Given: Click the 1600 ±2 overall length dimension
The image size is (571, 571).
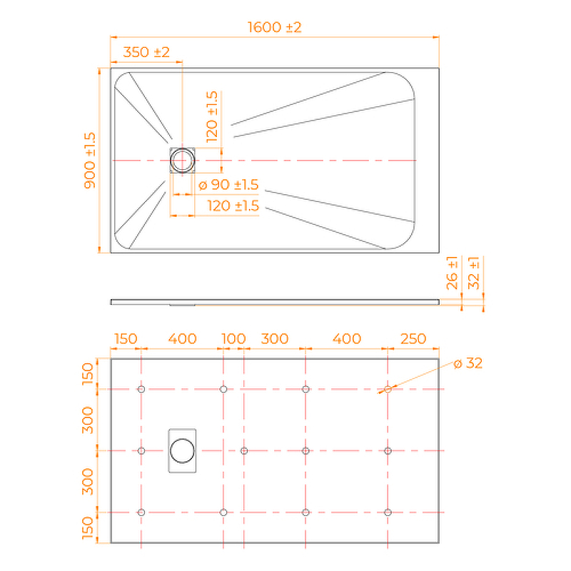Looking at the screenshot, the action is (275, 27).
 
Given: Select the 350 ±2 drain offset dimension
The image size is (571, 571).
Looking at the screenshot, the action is (146, 52).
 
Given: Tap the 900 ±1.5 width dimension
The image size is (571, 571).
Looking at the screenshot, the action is (90, 161).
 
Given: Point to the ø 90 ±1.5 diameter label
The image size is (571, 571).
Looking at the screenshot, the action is (228, 185).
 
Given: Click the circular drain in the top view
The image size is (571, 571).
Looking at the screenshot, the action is (183, 160).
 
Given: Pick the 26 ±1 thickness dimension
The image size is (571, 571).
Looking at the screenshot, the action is (452, 273).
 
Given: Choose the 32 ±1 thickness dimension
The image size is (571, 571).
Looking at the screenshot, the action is (474, 273).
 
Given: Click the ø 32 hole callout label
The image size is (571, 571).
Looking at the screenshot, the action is (468, 363).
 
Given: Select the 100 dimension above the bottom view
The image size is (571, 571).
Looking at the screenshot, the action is (234, 338).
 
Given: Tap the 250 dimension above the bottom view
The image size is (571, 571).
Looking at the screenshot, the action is (413, 338).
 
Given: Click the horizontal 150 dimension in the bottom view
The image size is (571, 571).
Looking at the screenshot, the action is (126, 338).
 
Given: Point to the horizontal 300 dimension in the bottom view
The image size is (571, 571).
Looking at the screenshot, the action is (275, 338).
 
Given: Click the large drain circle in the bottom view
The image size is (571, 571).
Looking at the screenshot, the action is (183, 450).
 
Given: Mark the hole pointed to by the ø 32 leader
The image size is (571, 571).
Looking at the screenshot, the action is (388, 389).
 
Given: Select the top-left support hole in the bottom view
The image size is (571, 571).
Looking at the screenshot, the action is (141, 389).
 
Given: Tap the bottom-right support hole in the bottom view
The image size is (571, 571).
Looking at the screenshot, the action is (388, 512).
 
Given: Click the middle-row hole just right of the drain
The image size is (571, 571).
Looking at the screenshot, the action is (244, 451).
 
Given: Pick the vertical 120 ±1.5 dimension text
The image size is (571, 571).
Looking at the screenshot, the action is (211, 117).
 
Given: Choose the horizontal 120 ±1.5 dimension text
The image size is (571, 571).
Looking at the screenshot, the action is (233, 206).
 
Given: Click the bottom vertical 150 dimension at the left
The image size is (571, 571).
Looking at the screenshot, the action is (87, 527).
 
